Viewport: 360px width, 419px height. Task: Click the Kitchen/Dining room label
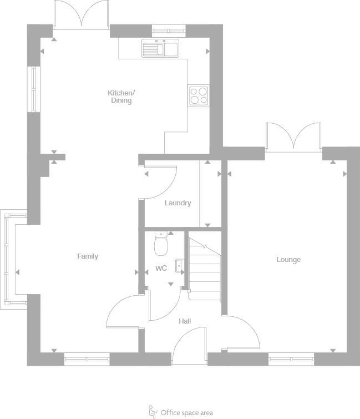coord(121,97)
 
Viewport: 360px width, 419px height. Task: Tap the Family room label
coord(88,256)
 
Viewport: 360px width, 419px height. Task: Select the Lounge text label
coord(288,260)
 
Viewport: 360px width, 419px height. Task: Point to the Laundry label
coord(178,203)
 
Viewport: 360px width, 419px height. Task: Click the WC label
coord(161,269)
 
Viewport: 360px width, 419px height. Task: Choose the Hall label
coord(185,321)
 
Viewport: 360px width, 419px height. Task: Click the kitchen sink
coord(160,49)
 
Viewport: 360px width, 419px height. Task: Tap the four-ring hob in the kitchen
coord(199,96)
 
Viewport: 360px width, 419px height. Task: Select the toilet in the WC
coord(161,243)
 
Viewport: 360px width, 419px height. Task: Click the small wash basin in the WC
coord(180,266)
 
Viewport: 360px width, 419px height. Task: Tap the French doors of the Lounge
coord(293,137)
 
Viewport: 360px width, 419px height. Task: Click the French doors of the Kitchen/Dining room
coord(82,14)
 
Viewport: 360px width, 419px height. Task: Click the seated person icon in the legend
coord(153,411)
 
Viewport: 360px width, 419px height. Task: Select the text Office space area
coord(186,413)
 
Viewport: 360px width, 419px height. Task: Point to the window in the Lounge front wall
coord(291,360)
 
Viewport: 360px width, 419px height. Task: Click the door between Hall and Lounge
coord(243,332)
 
